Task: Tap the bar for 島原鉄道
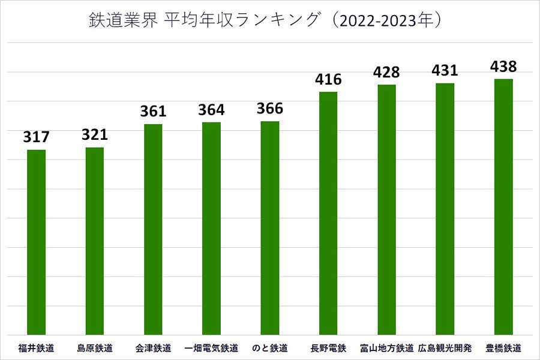[95, 241]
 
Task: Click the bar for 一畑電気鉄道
[211, 228]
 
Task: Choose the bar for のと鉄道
[269, 228]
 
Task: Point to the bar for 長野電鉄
[328, 213]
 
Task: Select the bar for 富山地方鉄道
[386, 209]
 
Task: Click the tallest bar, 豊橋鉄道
[503, 206]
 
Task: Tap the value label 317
[37, 137]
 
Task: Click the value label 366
[269, 109]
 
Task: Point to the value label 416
[328, 80]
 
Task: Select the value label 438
[503, 67]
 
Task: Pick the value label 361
[153, 112]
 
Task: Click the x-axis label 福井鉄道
[37, 348]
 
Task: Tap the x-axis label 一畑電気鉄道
[211, 348]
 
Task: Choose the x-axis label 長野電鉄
[328, 348]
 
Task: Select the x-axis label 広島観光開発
[445, 348]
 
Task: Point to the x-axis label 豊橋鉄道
[503, 348]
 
